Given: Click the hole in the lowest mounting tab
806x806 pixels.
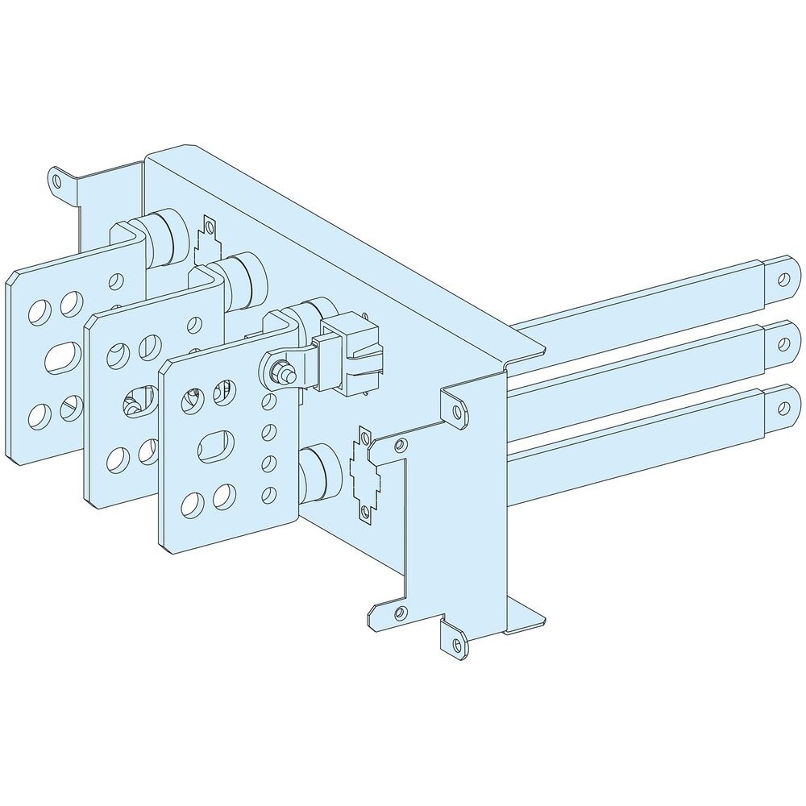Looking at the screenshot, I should [458, 645].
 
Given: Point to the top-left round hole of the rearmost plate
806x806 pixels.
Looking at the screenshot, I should [38, 310].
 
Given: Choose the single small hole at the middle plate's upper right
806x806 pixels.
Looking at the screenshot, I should [193, 326].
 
